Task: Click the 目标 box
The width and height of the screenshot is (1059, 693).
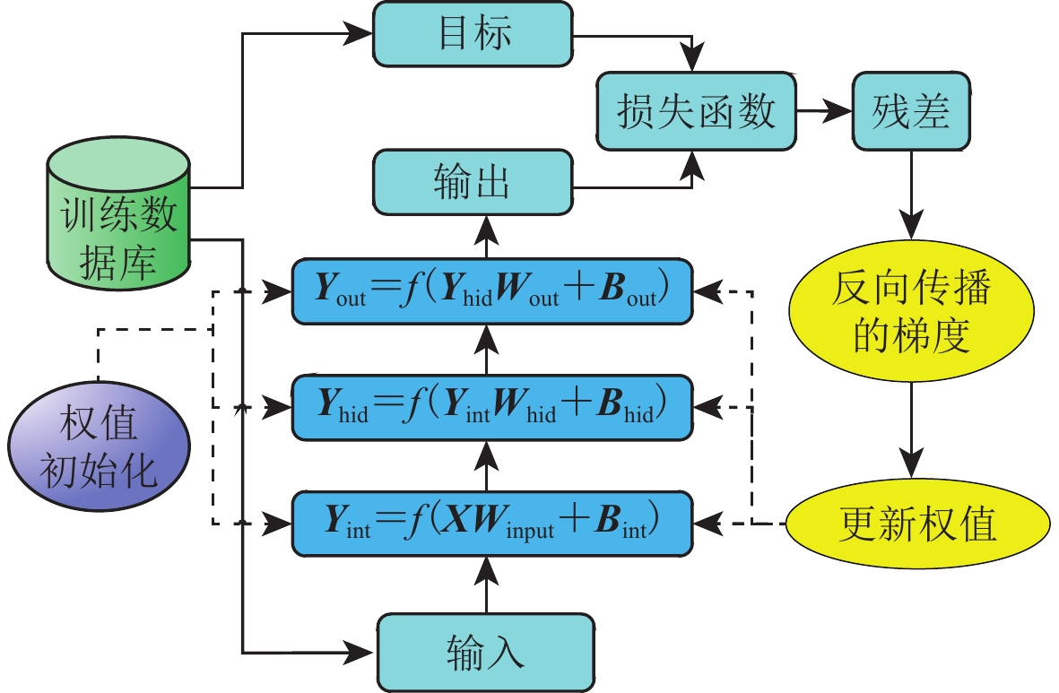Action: coord(473,34)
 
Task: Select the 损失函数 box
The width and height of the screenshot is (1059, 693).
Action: coord(697,112)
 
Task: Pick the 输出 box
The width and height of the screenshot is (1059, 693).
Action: coord(473,182)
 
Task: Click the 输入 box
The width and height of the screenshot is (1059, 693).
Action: coord(485,653)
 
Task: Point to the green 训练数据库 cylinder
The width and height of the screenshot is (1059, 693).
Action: coord(118,220)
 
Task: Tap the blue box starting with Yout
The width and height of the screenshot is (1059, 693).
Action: coord(492,291)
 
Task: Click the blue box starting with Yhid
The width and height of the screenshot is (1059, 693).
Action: coord(492,407)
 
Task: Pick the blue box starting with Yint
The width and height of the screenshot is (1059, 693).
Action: coord(492,522)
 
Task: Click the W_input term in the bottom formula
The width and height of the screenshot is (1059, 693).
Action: coord(512,524)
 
